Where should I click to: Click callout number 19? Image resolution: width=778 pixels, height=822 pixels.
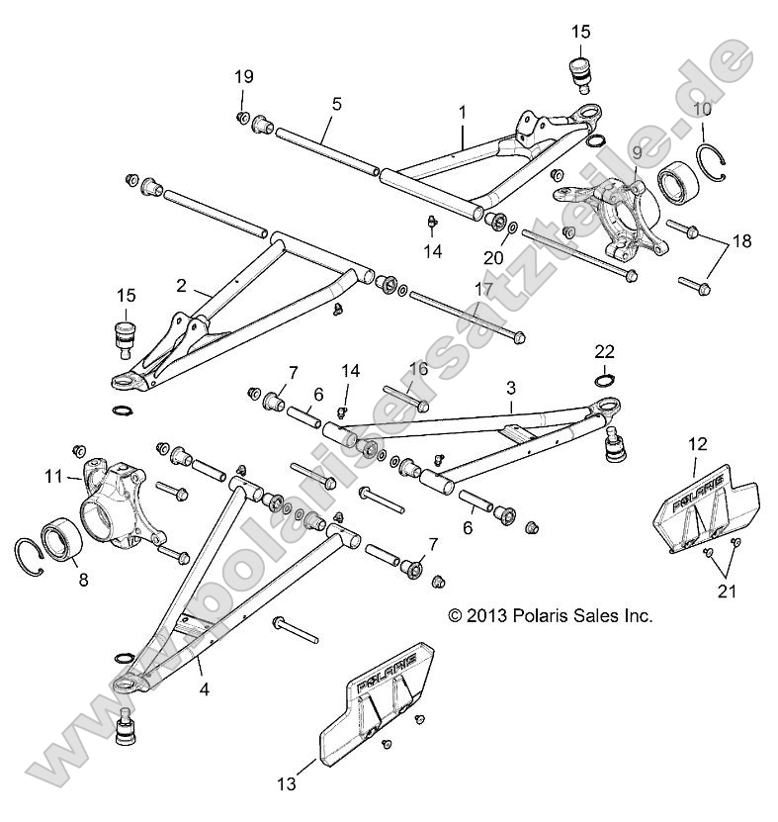click(243, 77)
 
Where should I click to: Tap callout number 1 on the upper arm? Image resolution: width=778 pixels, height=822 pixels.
click(462, 114)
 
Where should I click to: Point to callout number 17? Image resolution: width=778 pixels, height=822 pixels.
click(483, 289)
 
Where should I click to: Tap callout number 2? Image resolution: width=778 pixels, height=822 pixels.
click(181, 285)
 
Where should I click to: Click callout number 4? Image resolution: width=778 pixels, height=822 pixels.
click(205, 689)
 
